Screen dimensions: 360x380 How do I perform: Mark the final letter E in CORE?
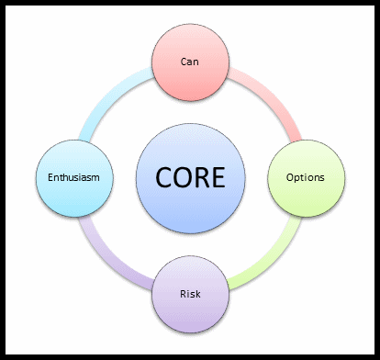[218, 176]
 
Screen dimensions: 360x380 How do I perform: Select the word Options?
[306, 176]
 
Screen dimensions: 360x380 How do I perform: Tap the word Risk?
[189, 295]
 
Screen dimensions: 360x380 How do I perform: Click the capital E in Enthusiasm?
[49, 176]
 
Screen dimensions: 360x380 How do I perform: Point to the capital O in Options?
[290, 176]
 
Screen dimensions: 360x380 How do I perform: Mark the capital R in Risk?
[181, 295]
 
